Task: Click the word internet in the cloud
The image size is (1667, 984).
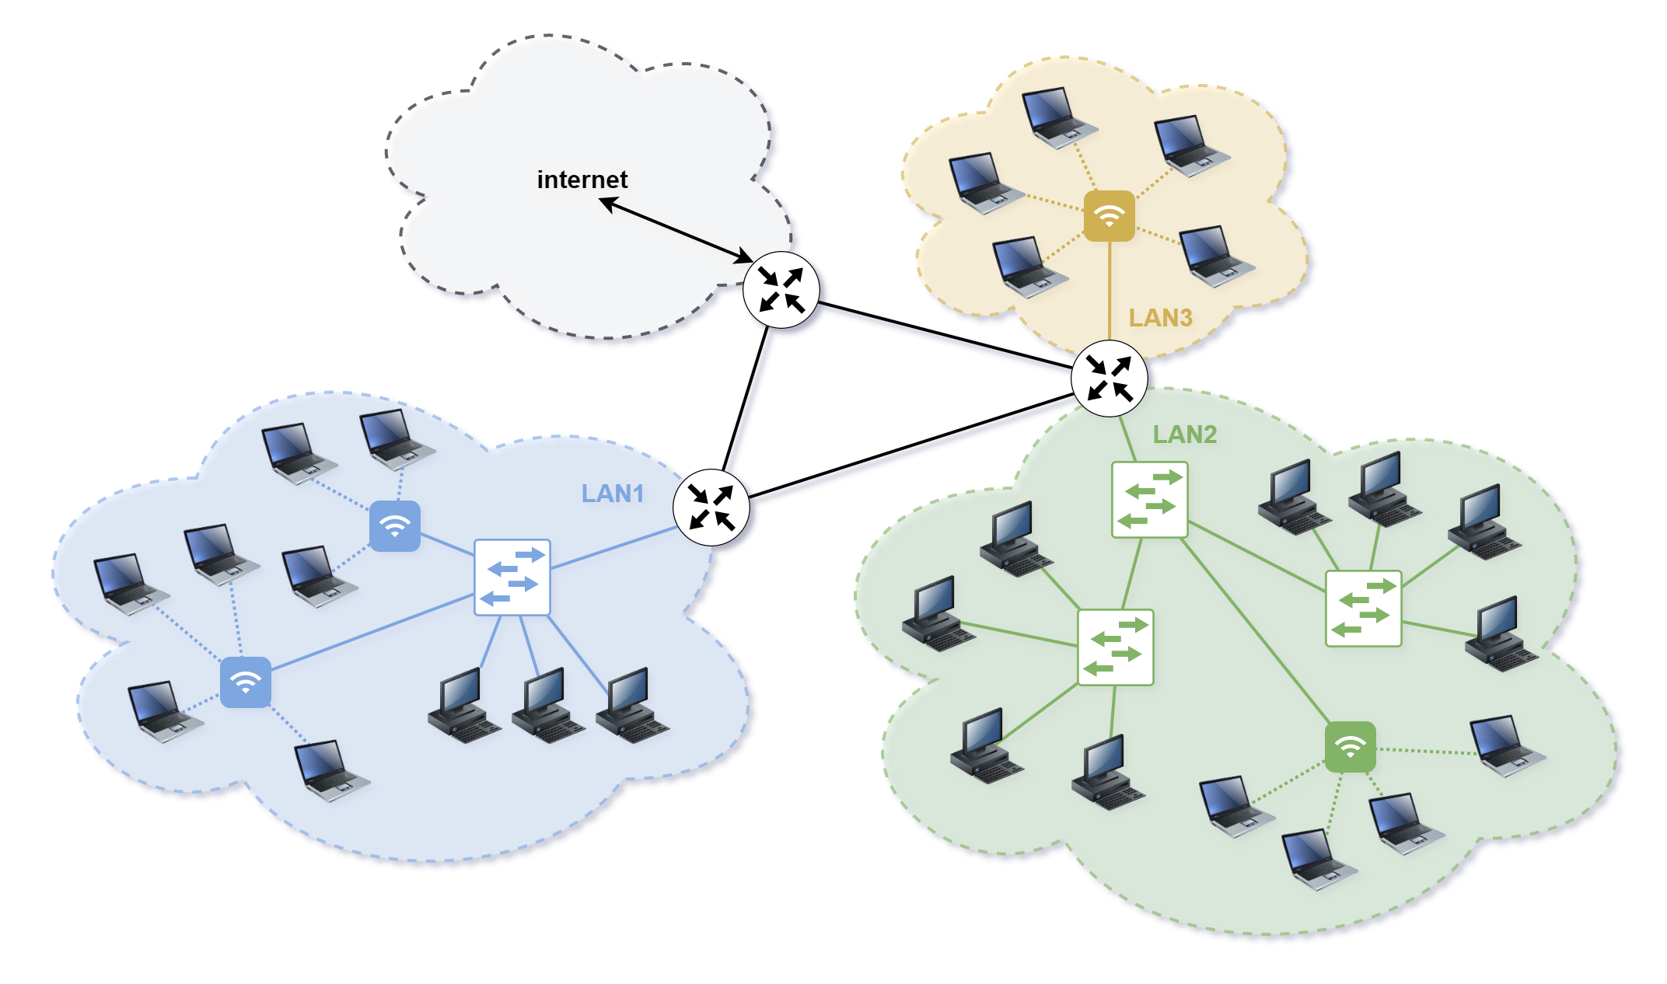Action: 582,180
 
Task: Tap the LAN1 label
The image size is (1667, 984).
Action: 612,494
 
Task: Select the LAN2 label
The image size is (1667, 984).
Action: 1184,434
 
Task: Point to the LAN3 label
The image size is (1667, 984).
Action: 1160,318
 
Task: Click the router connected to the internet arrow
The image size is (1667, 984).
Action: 781,289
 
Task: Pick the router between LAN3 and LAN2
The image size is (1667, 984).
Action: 1109,378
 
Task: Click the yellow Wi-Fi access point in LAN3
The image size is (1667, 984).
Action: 1109,215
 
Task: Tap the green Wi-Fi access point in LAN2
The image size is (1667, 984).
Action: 1350,747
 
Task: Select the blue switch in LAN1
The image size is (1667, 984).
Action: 512,577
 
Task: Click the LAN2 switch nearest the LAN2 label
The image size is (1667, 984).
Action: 1149,500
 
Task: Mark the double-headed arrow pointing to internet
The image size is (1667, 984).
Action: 675,229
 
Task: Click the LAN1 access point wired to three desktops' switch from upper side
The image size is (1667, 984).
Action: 395,526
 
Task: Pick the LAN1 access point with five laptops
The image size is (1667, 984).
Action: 246,682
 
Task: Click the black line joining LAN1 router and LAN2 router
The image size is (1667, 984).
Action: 910,446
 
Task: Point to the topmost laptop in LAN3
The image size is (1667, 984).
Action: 1057,117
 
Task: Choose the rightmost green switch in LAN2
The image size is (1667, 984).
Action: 1363,609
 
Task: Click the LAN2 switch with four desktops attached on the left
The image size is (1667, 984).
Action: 1115,647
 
